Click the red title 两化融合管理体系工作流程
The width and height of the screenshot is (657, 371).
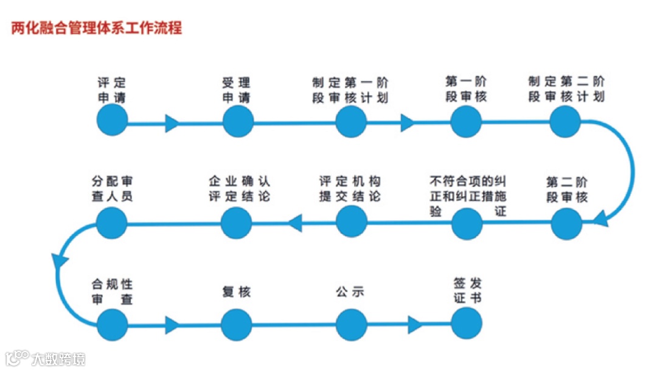[96, 28]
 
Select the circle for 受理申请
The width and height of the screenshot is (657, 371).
[238, 122]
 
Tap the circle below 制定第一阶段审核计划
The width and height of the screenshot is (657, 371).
[350, 122]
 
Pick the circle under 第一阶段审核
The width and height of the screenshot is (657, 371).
[467, 121]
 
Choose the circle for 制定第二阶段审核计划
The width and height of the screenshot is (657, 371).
[566, 121]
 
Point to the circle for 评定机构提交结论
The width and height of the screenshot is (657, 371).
[351, 222]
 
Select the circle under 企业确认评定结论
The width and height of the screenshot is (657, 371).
[237, 223]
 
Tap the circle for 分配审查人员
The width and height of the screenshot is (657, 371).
[112, 222]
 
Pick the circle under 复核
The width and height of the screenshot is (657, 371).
[237, 324]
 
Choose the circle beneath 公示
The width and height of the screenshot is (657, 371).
[351, 324]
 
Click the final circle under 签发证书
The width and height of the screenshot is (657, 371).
[467, 323]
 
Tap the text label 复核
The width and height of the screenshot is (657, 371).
[236, 292]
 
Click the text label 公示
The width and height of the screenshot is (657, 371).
[350, 292]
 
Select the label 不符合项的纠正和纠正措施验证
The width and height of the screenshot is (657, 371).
[467, 196]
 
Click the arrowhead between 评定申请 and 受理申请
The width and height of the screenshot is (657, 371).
[172, 124]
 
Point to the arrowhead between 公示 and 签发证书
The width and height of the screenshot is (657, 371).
[415, 325]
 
